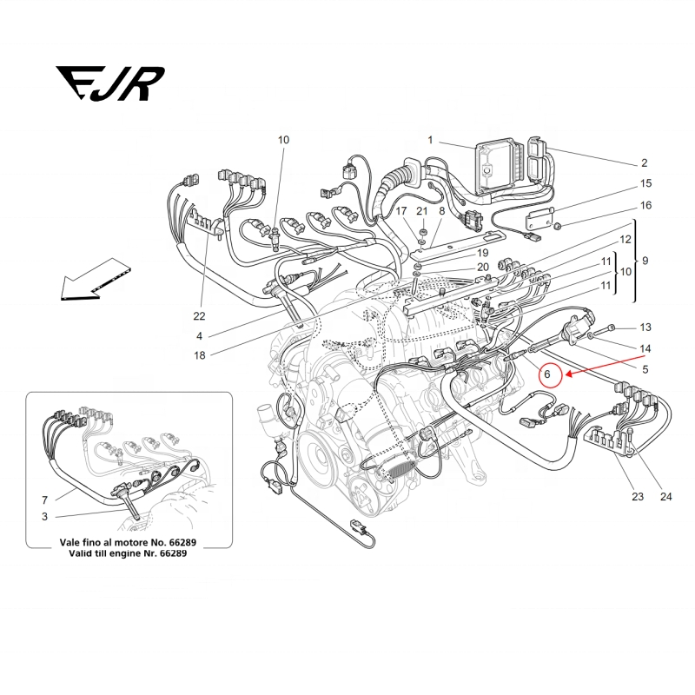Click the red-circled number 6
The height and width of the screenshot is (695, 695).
point(547,374)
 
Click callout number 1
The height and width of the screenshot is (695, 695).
point(429,140)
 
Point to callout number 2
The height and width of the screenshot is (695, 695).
point(645,162)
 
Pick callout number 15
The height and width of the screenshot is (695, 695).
point(645,183)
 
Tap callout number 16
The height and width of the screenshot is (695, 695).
point(645,206)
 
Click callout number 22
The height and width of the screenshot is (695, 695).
point(200,316)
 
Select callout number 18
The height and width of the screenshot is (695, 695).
point(200,354)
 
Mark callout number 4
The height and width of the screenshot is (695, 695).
point(200,336)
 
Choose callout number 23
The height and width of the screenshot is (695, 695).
point(637,498)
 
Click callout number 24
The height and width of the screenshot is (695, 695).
point(666,498)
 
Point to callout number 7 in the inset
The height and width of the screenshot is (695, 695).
point(44,501)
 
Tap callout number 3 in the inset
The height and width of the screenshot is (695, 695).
point(44,517)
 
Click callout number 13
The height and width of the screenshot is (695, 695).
point(645,328)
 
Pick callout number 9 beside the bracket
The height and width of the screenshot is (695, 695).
point(645,261)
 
